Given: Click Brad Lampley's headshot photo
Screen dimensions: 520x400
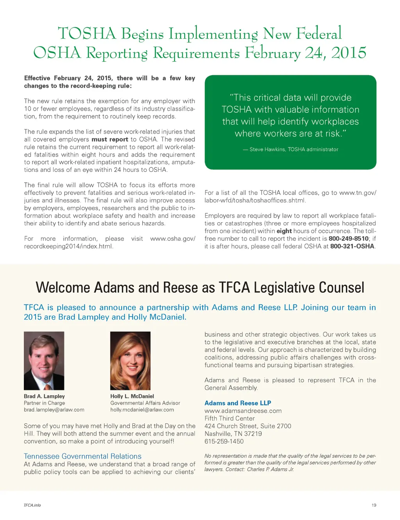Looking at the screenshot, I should (x=44, y=360).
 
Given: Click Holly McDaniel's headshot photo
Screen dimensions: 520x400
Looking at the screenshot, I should (x=130, y=360).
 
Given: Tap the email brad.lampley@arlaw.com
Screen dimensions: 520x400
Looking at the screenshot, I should (x=54, y=410).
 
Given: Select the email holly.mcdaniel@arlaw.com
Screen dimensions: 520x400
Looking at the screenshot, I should (x=142, y=410).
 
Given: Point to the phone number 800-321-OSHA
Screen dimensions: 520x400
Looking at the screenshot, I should (x=352, y=246).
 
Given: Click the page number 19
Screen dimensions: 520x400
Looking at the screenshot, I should (x=374, y=505).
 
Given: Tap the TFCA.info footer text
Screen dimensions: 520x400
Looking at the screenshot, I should (x=32, y=505).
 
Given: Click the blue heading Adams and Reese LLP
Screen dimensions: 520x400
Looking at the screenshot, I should (x=237, y=403).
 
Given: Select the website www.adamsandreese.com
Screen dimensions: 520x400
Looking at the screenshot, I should (x=243, y=411).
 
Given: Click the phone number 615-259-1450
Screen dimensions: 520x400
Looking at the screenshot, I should (x=224, y=441).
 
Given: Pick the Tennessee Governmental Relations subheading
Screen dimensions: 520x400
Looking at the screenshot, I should (x=82, y=456).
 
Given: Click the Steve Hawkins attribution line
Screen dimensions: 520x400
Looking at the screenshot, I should (x=290, y=149).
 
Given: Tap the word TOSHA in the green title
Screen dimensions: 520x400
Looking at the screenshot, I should (x=87, y=34).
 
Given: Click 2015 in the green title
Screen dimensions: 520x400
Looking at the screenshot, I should (x=348, y=53).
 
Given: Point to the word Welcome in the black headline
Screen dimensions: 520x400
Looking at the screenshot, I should (x=63, y=288).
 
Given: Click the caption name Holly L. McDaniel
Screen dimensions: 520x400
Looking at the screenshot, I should (x=132, y=396).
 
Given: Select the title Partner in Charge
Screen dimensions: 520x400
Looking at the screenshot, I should (x=44, y=403).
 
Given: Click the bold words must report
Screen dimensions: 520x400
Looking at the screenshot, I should (x=110, y=139).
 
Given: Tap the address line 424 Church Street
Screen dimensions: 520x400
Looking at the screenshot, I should (x=248, y=426).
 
